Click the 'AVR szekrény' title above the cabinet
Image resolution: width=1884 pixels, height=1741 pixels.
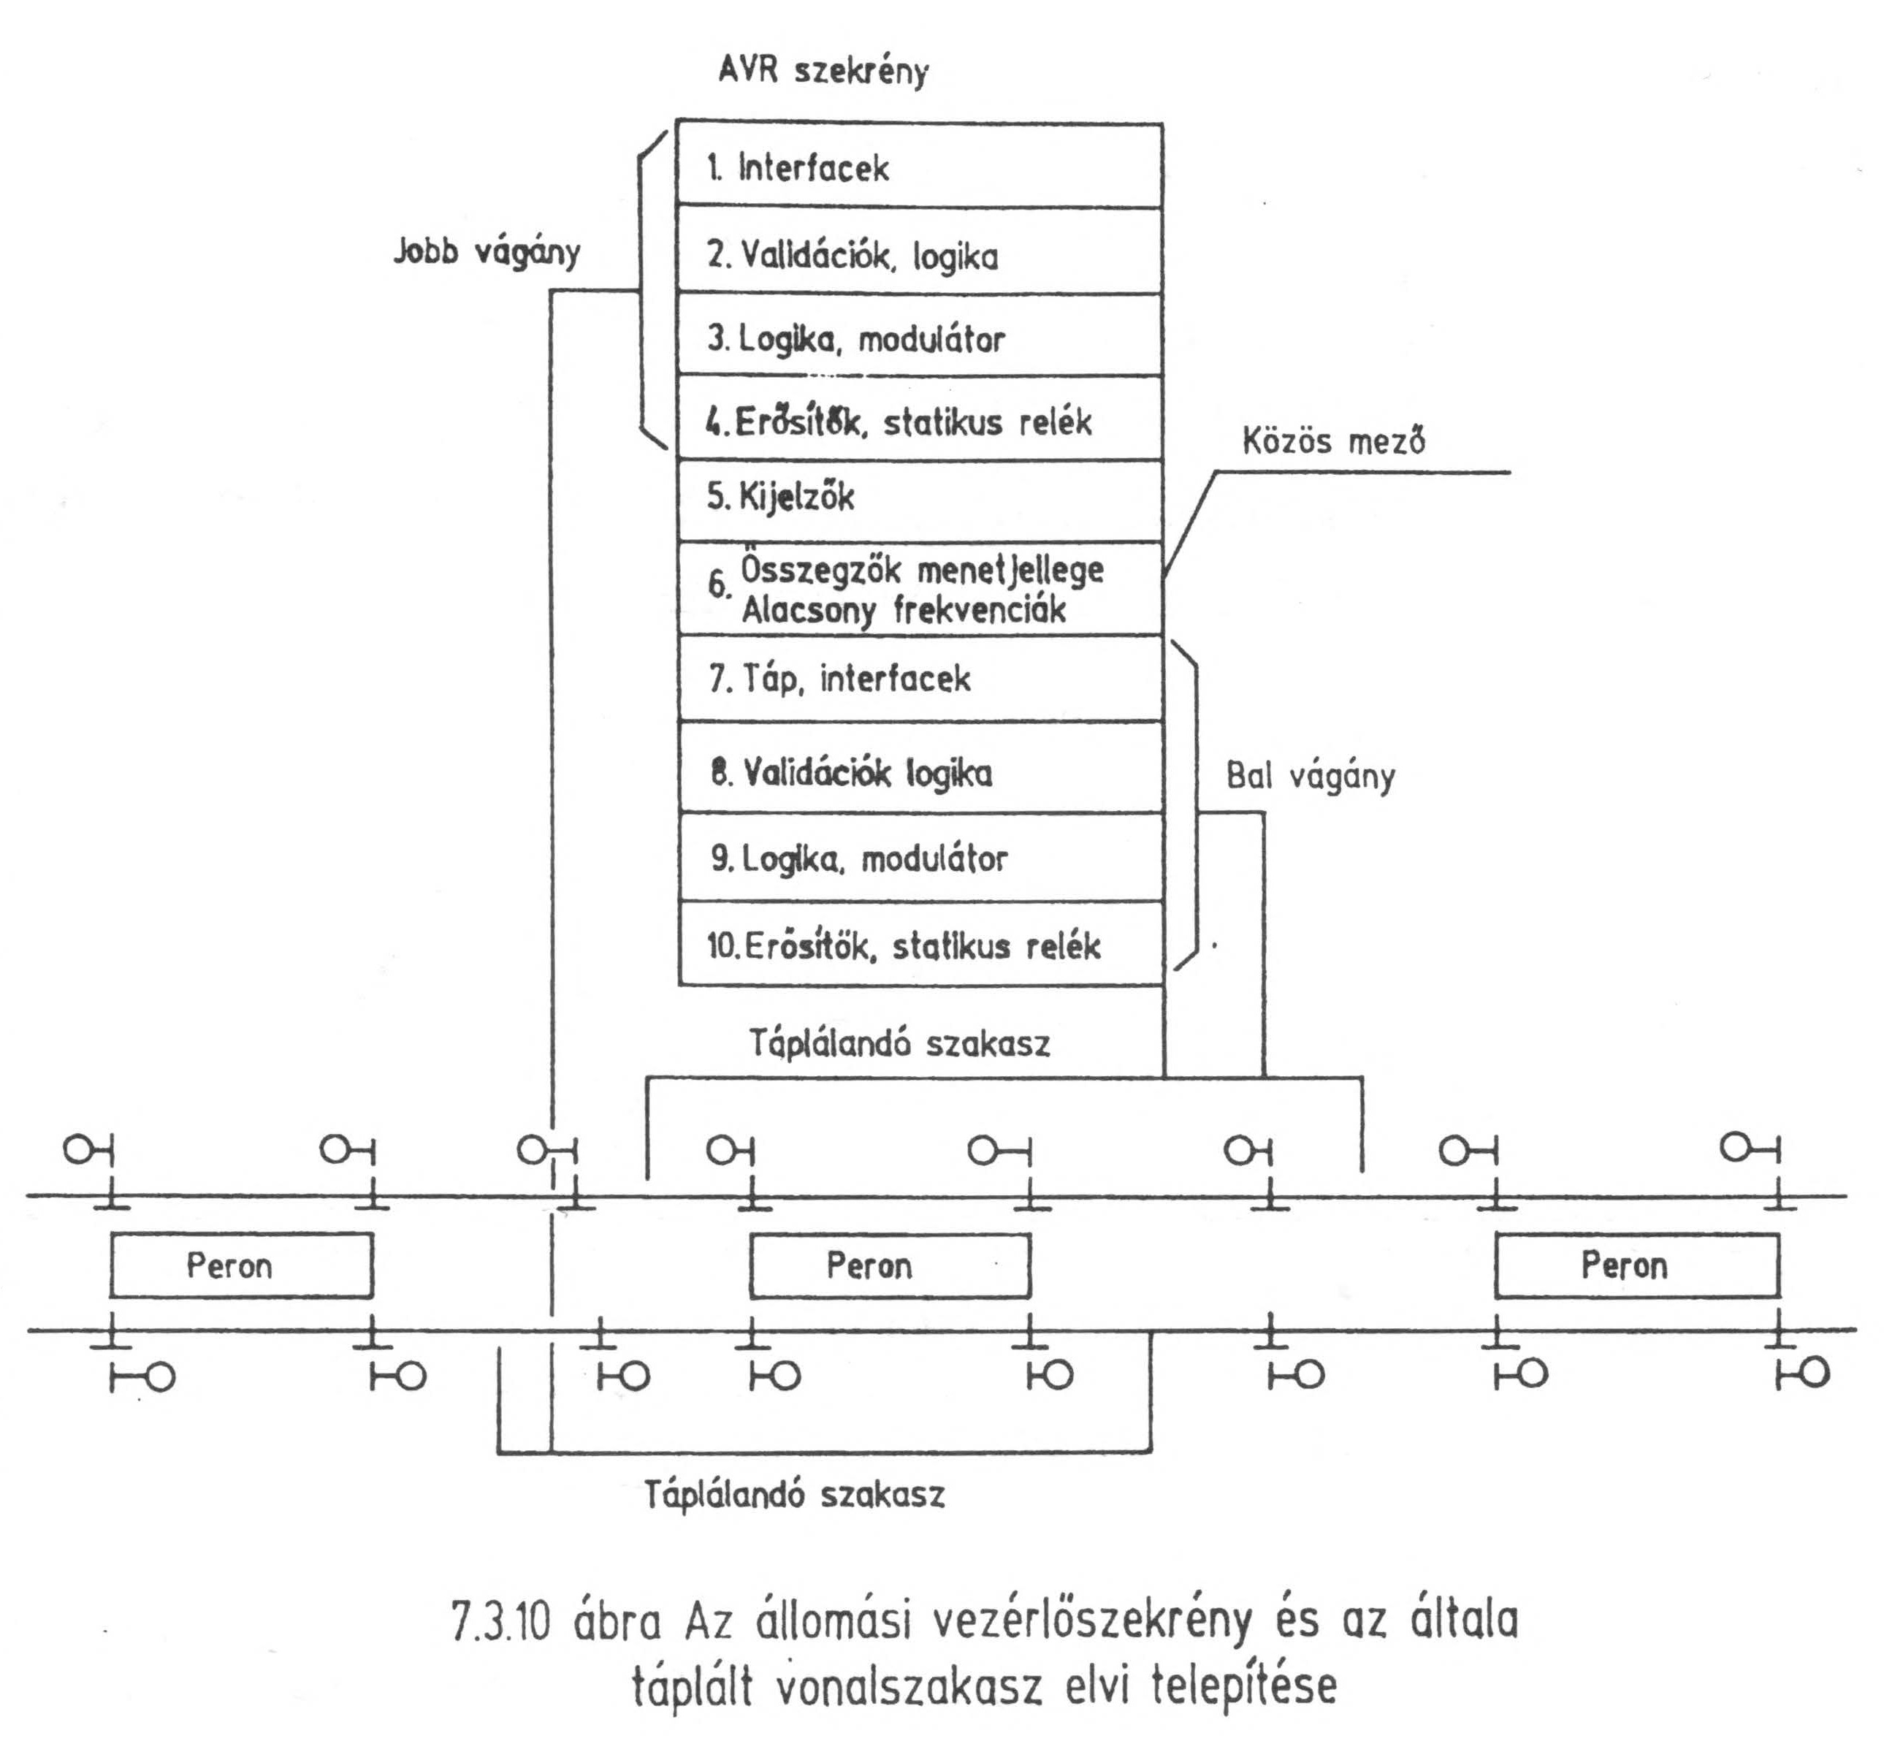point(823,72)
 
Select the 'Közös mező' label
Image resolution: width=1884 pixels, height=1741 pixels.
point(1333,440)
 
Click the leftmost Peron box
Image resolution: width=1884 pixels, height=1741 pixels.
point(241,1265)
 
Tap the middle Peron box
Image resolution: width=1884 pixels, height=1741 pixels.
point(889,1265)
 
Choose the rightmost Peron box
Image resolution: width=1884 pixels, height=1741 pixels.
point(1637,1265)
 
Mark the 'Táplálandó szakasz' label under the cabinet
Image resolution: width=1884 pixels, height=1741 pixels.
point(899,1044)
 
